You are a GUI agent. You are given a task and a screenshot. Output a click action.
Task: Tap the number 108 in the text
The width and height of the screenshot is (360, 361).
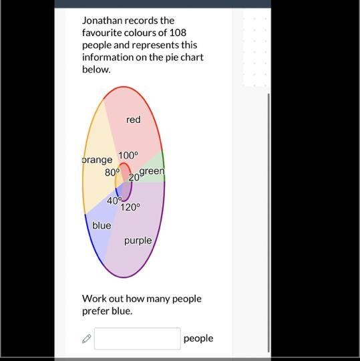point(178,33)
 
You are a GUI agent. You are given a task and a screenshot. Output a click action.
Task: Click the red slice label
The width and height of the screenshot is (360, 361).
point(133,120)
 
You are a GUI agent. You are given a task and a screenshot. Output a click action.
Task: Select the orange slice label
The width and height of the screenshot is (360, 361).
point(97,160)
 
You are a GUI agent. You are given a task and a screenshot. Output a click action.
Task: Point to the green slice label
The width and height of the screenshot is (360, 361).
point(152,171)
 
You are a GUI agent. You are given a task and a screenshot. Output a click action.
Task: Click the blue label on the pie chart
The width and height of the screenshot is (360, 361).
point(102,225)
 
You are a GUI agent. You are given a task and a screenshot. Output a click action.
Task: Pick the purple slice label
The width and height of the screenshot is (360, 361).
point(138,241)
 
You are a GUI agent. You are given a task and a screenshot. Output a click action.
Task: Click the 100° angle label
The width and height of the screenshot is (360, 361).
point(128,155)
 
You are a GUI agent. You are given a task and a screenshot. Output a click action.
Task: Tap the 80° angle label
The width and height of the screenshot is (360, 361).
point(112,172)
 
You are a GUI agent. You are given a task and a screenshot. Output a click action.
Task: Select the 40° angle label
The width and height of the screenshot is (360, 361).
point(114,201)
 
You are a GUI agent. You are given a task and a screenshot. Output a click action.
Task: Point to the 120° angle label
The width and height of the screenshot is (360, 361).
point(130,207)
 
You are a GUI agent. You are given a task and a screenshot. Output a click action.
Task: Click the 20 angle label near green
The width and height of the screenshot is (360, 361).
point(134,178)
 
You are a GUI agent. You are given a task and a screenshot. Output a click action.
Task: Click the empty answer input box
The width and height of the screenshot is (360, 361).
point(138,338)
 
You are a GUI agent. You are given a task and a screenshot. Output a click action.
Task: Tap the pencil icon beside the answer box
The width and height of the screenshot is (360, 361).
point(86,339)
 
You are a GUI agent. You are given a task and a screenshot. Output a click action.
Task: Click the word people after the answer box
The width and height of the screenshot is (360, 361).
point(198,338)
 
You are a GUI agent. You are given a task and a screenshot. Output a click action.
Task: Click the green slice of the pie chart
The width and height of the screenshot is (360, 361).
point(152,170)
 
